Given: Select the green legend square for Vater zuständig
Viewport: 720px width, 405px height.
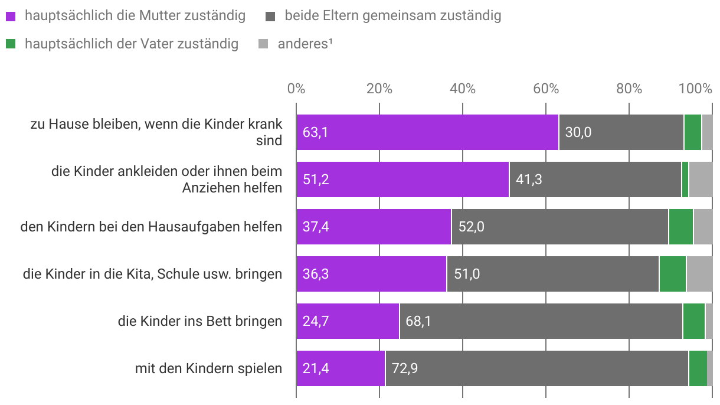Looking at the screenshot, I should [x=11, y=44].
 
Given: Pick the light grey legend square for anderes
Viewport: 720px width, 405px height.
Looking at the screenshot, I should [x=264, y=44].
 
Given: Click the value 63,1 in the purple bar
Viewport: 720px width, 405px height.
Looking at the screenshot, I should [x=315, y=132].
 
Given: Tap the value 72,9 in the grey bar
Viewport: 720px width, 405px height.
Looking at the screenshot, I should [x=405, y=369].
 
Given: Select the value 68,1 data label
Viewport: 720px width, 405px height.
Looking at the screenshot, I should [x=418, y=322].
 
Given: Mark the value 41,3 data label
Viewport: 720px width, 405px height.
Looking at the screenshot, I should [x=529, y=179].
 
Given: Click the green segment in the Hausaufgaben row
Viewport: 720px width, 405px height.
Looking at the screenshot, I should [x=680, y=227].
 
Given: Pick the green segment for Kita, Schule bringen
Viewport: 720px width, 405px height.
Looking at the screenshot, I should [x=672, y=274].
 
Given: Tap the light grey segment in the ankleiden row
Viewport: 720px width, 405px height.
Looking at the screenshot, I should [x=701, y=179].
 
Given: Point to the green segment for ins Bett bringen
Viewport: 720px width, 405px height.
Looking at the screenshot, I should [x=693, y=321].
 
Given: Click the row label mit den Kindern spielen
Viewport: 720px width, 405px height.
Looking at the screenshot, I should [x=208, y=369].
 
